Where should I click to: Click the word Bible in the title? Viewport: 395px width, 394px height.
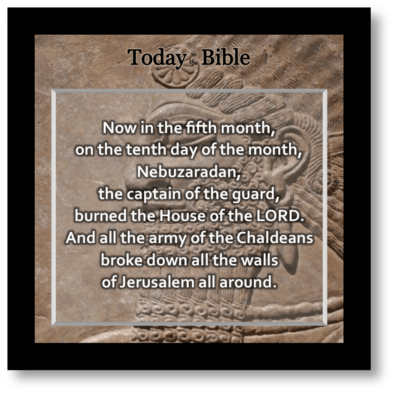point(225,57)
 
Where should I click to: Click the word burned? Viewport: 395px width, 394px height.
point(100,216)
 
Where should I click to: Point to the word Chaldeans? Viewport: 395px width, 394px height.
point(275,238)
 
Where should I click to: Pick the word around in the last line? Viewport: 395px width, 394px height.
point(248,282)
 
